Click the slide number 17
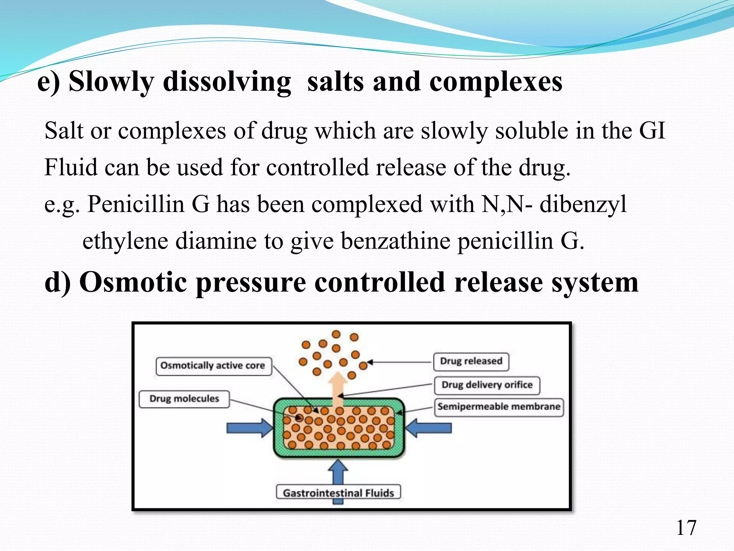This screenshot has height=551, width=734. click(x=686, y=528)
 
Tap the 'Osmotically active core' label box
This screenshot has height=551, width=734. click(x=214, y=366)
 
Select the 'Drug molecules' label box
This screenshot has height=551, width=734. click(x=184, y=399)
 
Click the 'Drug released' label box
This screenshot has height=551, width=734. click(x=471, y=361)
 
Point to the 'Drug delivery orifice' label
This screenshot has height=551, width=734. click(x=487, y=385)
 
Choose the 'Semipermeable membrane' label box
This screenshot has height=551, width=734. click(x=499, y=407)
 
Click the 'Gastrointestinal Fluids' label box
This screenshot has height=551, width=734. click(x=338, y=493)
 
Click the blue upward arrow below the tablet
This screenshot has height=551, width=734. click(x=338, y=474)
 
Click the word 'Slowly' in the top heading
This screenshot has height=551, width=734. click(x=111, y=82)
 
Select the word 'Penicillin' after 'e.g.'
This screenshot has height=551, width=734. click(x=136, y=204)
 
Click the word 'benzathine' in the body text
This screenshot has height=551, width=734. click(x=395, y=241)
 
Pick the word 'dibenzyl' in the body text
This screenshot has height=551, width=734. click(x=583, y=204)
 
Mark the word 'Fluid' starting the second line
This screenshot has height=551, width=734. click(x=71, y=168)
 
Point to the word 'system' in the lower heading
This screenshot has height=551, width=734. click(x=595, y=282)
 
